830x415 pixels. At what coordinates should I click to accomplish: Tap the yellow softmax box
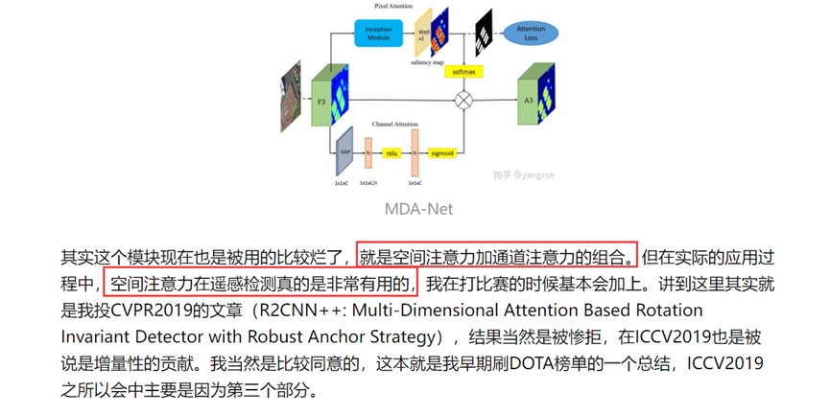tap(467, 71)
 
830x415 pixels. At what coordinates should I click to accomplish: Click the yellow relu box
tap(391, 150)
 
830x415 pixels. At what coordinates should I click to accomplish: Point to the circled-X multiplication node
tap(467, 100)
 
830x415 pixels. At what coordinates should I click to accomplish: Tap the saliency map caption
tap(427, 62)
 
